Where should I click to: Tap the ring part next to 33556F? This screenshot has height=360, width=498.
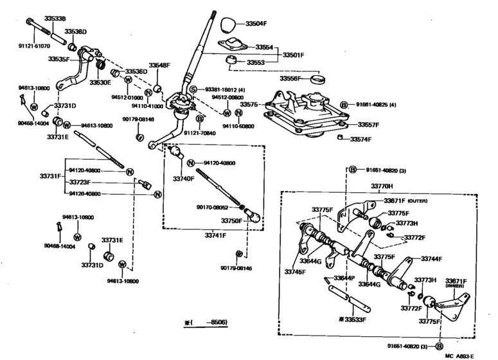click(x=316, y=80)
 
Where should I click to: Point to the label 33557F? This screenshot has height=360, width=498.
click(x=368, y=125)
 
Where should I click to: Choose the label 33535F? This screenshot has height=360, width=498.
click(x=58, y=59)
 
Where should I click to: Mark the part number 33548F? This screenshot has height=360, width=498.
click(x=160, y=66)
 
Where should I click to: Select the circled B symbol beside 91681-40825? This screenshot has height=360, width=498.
click(x=344, y=104)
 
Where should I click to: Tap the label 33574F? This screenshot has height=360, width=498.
click(x=360, y=139)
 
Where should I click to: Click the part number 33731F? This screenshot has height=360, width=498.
click(x=51, y=176)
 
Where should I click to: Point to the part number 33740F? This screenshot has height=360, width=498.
click(x=183, y=179)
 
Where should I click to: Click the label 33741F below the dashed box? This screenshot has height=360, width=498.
click(x=216, y=236)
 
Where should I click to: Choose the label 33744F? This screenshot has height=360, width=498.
click(x=432, y=258)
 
